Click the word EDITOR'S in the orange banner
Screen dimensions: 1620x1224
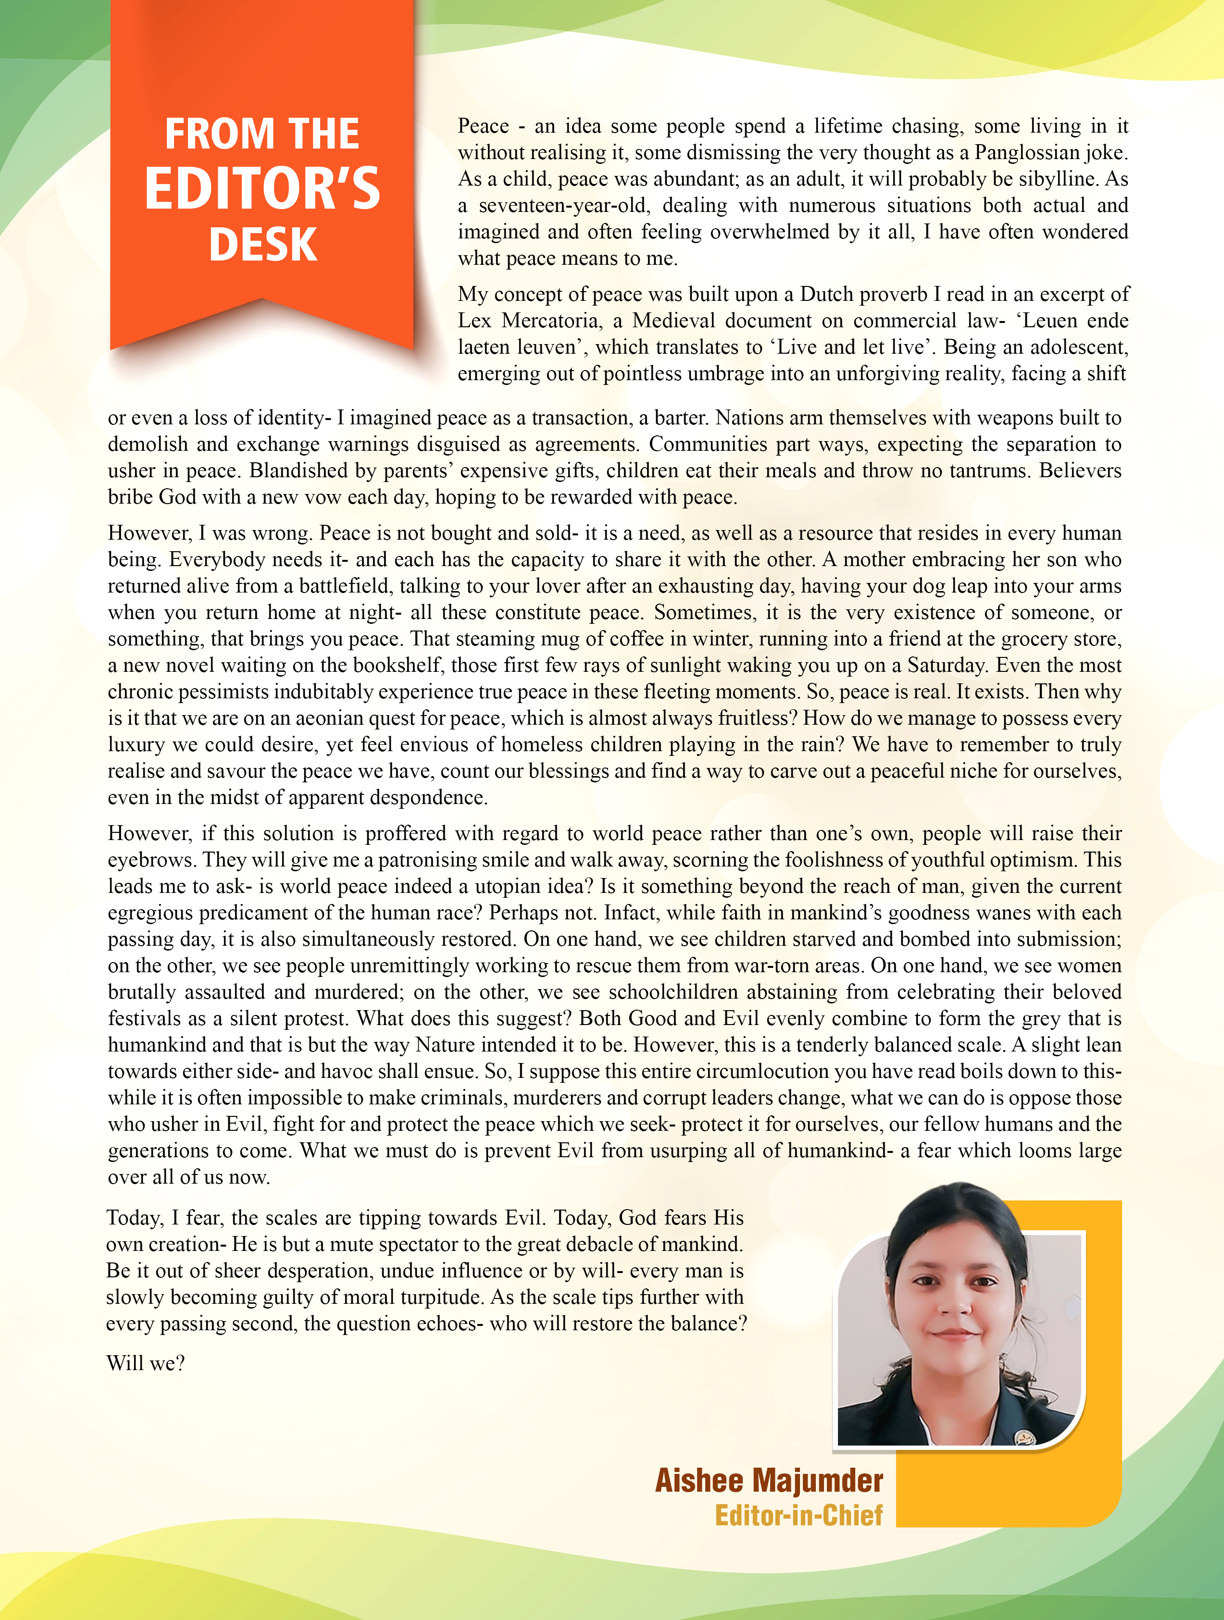262,189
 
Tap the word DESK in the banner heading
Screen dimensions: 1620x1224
262,245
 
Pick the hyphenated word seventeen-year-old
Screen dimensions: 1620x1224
563,205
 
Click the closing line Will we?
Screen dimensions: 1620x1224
145,1363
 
